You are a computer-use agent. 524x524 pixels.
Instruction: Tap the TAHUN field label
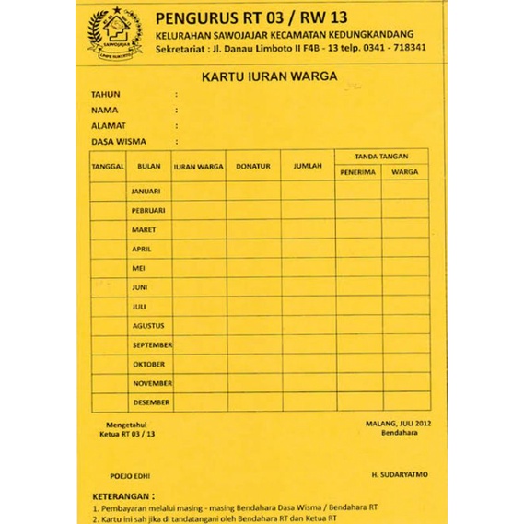106,95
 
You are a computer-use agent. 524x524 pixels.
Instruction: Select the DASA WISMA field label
119,142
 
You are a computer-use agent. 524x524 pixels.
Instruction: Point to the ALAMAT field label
109,125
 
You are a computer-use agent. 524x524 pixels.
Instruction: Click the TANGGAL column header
108,167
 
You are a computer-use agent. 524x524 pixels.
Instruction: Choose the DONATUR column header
253,167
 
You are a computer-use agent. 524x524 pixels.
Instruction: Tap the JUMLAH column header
308,167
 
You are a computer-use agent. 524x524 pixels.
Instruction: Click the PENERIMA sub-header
356,172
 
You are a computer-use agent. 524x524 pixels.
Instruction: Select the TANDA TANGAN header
381,157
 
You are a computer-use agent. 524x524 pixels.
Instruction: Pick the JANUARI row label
146,192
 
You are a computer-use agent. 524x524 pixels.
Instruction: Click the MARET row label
144,229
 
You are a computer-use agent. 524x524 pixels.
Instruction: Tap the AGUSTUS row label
147,325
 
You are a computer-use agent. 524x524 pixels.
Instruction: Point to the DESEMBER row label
151,402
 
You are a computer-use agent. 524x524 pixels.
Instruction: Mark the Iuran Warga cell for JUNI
199,287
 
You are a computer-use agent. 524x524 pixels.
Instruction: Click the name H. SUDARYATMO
399,474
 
